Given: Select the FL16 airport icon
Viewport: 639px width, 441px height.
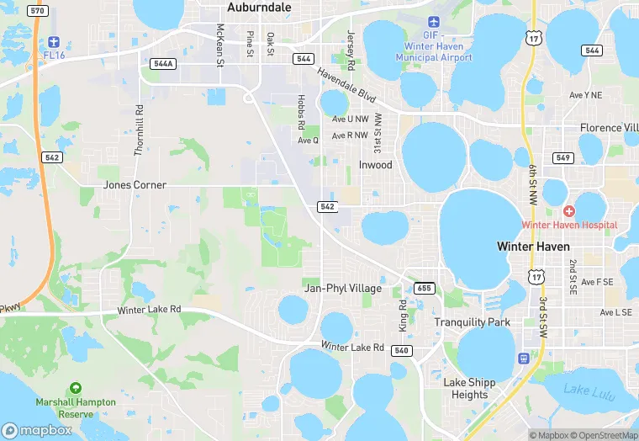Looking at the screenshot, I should (x=54, y=42).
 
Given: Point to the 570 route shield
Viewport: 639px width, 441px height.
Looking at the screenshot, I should (x=37, y=10).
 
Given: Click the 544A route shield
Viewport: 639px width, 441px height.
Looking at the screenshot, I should (x=163, y=64).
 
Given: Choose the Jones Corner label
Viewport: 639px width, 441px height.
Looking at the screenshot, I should (x=135, y=184).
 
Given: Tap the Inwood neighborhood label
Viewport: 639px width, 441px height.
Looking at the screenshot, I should (x=375, y=165).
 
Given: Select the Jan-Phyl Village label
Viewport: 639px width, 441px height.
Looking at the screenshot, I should (x=342, y=289).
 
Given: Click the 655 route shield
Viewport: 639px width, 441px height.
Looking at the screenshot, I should (x=425, y=289).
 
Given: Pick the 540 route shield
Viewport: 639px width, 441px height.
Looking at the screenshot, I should (x=401, y=350).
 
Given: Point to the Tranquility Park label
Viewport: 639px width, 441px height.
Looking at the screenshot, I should (x=472, y=322).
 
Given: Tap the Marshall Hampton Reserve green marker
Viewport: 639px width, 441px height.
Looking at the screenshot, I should (x=76, y=388).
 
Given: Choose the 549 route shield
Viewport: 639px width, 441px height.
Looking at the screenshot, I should (x=563, y=158).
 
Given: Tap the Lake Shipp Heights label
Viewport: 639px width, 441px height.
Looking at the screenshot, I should (x=469, y=389).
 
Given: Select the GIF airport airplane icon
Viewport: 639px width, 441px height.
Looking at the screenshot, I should (x=434, y=22).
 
